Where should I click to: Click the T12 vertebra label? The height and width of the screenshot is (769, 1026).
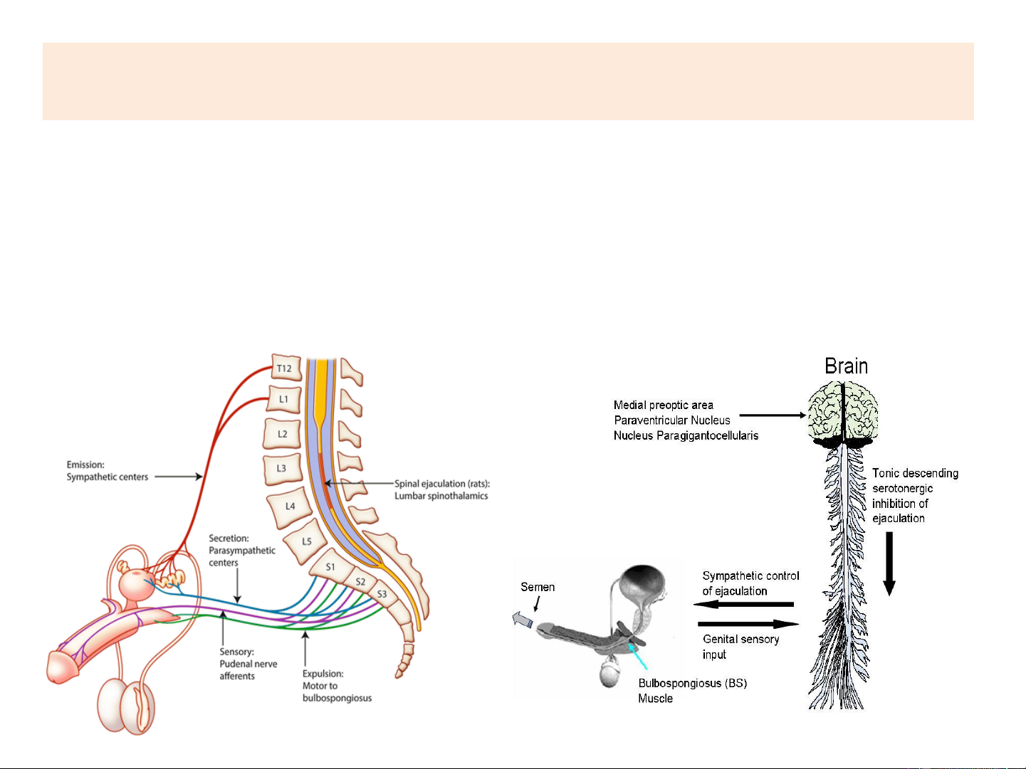click(284, 368)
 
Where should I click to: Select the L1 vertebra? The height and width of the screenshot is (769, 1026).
click(283, 399)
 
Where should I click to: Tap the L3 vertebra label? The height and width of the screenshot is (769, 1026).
click(281, 468)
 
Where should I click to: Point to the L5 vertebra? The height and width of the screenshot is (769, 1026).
click(306, 541)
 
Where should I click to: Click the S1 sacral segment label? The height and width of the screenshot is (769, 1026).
click(330, 567)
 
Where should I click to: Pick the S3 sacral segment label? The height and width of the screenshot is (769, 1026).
click(382, 594)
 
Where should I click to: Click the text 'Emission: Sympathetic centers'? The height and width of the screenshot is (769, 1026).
click(107, 471)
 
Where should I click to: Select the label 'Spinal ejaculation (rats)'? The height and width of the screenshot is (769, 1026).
click(442, 484)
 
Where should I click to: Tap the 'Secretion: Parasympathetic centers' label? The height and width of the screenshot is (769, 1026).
click(241, 550)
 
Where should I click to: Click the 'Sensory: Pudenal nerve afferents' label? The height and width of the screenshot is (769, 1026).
click(248, 664)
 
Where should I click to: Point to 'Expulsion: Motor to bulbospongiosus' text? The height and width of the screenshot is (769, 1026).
click(337, 686)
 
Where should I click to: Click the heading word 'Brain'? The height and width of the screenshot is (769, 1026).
click(846, 366)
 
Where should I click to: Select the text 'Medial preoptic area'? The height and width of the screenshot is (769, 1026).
click(663, 405)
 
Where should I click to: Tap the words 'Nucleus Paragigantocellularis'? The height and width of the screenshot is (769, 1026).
click(686, 435)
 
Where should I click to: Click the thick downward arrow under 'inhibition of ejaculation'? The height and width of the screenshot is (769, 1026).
click(889, 563)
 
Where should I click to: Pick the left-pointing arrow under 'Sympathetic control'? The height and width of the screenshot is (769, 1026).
click(743, 605)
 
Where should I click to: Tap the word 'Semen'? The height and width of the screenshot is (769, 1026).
click(537, 587)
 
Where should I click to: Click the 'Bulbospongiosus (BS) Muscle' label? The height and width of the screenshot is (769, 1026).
click(691, 691)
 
